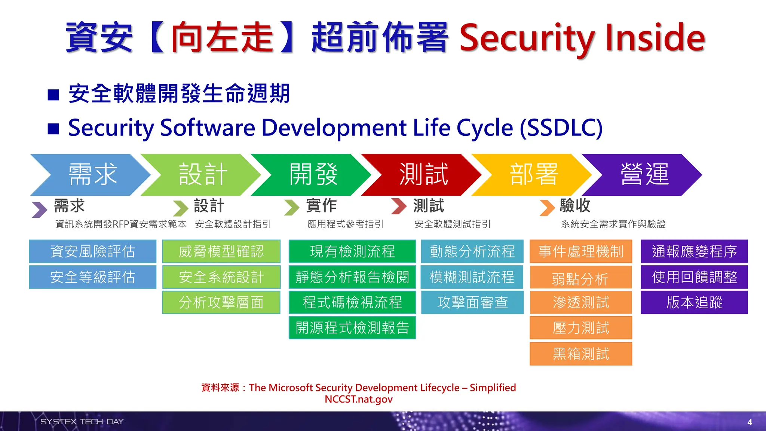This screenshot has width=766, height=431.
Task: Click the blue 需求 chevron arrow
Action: [x=92, y=175]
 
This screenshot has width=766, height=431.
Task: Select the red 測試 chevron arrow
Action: [x=423, y=175]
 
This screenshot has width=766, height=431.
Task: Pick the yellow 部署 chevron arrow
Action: [x=533, y=175]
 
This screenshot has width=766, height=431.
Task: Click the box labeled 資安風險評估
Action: [x=92, y=251]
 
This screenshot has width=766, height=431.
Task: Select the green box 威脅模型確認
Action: [x=221, y=251]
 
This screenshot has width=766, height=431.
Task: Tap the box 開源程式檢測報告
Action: [x=352, y=328]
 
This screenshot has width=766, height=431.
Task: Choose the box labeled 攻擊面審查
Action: [x=472, y=302]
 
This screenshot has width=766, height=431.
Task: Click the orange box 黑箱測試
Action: [x=580, y=354]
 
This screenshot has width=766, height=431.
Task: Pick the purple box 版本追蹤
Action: [x=694, y=302]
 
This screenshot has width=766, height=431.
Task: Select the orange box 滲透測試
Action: [x=580, y=302]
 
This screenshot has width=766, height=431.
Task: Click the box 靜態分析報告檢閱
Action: [x=352, y=277]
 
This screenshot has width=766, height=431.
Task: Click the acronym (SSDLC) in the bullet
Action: [x=561, y=128]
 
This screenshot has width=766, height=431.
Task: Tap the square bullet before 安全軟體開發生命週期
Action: [x=53, y=95]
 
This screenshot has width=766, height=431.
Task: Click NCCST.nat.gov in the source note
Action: [x=358, y=399]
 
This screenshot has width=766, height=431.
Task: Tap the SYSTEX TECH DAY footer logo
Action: [x=82, y=422]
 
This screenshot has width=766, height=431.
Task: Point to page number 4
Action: [x=750, y=422]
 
